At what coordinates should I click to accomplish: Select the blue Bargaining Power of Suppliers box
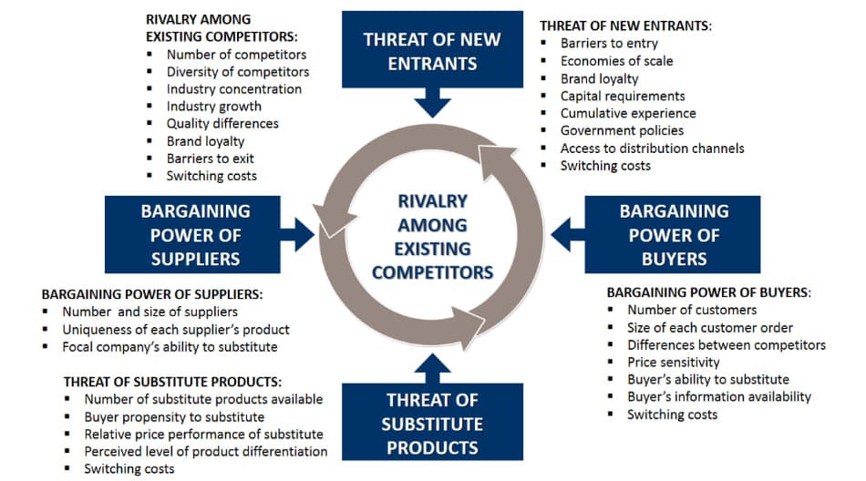point(195,234)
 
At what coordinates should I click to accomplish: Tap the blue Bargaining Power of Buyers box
point(674,234)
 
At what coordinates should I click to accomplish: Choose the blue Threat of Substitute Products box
point(432,423)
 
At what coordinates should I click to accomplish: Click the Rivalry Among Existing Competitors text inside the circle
point(432,236)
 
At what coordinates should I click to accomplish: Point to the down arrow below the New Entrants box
point(432,101)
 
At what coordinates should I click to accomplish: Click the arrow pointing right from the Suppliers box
point(300,235)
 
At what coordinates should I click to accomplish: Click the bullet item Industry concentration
point(233,89)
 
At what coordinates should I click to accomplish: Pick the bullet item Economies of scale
point(616,61)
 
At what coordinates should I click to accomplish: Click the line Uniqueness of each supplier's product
point(175,329)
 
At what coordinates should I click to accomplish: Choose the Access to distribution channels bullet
point(652,148)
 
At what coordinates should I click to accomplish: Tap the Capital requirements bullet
point(623,96)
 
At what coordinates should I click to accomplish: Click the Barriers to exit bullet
point(210,159)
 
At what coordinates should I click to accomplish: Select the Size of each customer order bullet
point(710,328)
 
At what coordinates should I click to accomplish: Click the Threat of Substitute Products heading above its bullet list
point(172,382)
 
